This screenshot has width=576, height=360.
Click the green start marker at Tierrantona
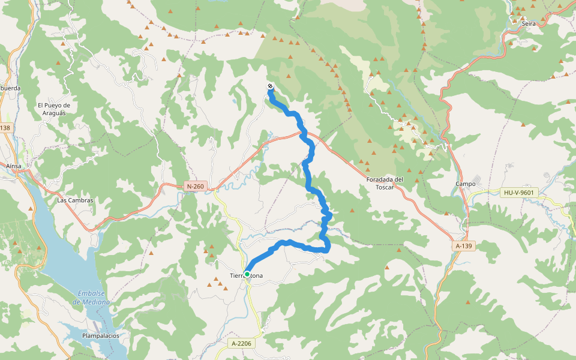(247, 274)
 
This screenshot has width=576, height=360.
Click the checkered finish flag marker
(271, 86)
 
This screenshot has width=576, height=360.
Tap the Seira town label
(529, 23)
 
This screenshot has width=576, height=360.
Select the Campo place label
(466, 184)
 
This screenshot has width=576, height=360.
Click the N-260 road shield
(196, 187)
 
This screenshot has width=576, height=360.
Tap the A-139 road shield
(463, 246)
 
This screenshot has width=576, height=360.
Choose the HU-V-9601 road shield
(520, 193)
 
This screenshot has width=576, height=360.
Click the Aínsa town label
(13, 166)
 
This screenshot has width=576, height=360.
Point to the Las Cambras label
(75, 200)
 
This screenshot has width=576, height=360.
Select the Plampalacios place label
(101, 336)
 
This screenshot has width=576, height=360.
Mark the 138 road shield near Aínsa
(5, 128)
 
